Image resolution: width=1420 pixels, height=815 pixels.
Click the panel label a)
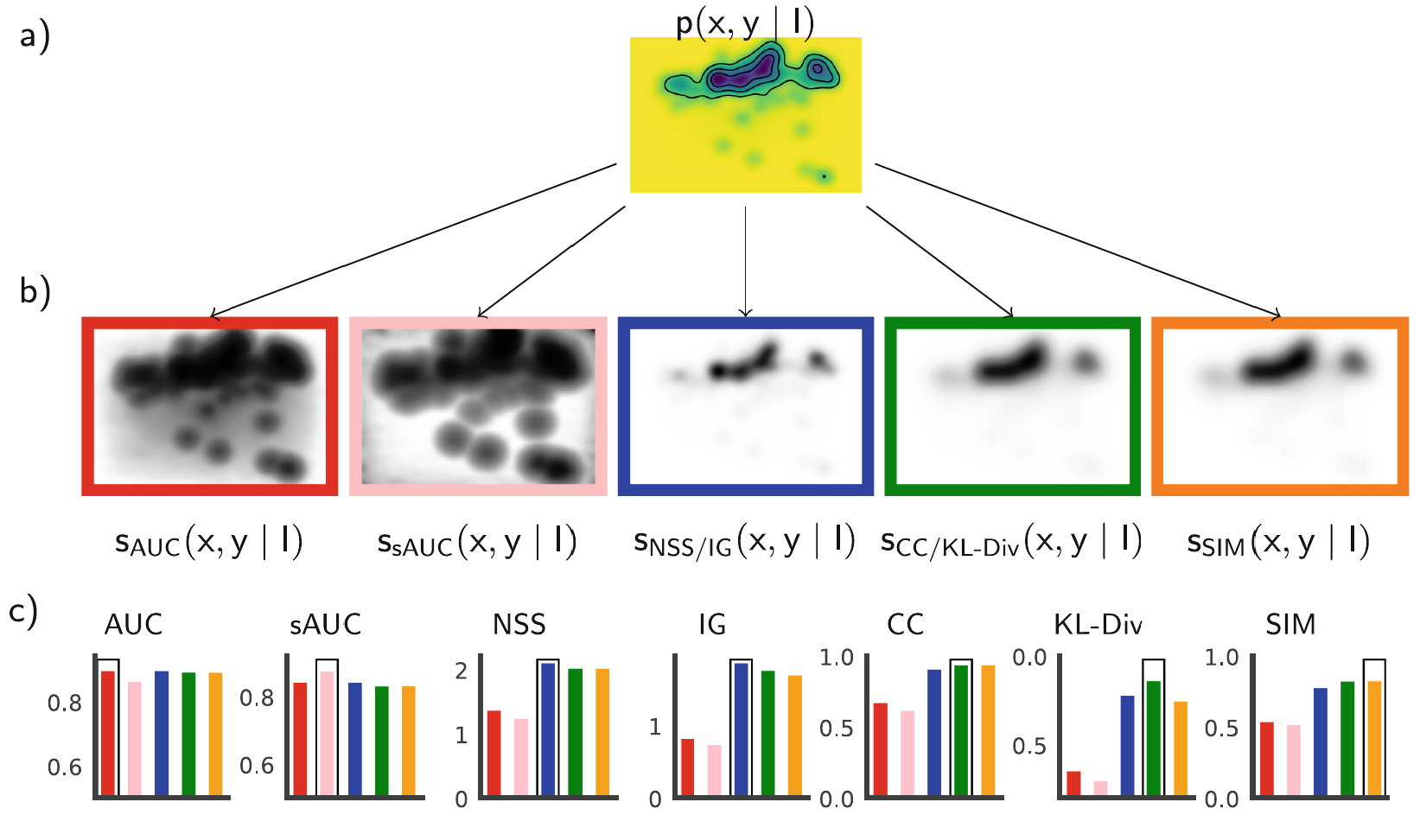tap(35, 37)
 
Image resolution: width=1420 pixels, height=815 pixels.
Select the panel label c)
tap(23, 613)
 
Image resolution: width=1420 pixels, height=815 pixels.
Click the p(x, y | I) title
tap(745, 24)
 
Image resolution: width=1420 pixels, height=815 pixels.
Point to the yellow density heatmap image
tap(746, 115)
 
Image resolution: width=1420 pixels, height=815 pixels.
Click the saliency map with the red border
tap(210, 406)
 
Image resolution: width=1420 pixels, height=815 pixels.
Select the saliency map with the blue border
tap(746, 406)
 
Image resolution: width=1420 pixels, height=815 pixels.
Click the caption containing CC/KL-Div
tap(1011, 542)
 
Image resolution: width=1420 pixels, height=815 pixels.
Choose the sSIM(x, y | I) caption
tap(1278, 543)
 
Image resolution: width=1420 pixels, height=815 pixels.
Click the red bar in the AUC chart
tap(108, 733)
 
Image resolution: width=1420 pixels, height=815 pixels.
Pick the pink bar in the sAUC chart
tap(327, 733)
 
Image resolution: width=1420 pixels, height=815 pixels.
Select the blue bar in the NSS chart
tap(548, 729)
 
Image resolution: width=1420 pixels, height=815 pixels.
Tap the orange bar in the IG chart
tap(795, 735)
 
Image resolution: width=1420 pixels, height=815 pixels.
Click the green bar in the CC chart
tap(962, 730)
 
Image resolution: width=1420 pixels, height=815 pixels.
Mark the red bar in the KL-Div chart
tap(1074, 783)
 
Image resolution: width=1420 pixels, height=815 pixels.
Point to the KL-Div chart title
tap(1098, 625)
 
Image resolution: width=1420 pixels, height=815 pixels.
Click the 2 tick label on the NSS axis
tap(462, 671)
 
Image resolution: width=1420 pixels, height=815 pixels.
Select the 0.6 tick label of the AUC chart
tap(65, 767)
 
